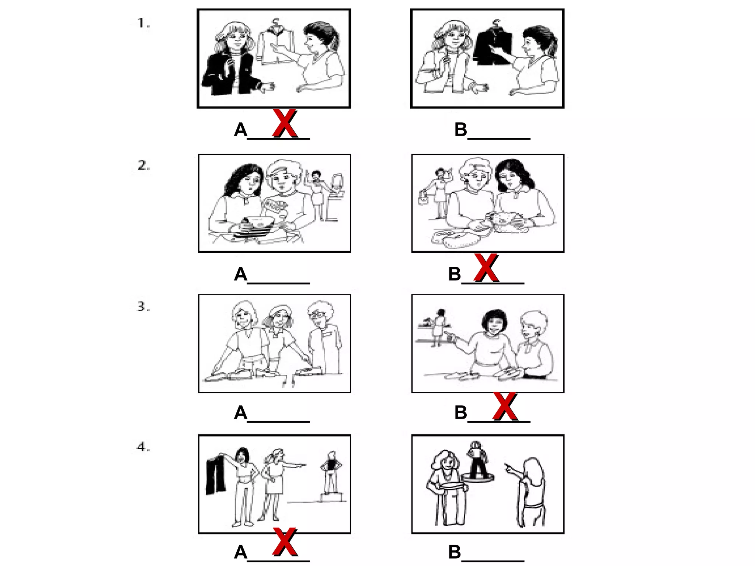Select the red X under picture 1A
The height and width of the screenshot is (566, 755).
point(285,123)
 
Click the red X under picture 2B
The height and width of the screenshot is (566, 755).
point(486,268)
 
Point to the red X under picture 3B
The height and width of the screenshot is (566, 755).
point(505,406)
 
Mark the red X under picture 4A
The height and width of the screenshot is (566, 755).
point(285,541)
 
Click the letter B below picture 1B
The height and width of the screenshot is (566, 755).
point(460,130)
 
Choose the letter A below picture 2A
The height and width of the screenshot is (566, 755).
point(240,275)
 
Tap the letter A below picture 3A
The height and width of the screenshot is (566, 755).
point(240,413)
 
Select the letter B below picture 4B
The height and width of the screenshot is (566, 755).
point(455,552)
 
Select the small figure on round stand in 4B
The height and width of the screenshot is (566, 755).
point(477,459)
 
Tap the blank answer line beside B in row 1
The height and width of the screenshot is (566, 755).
point(499,137)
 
